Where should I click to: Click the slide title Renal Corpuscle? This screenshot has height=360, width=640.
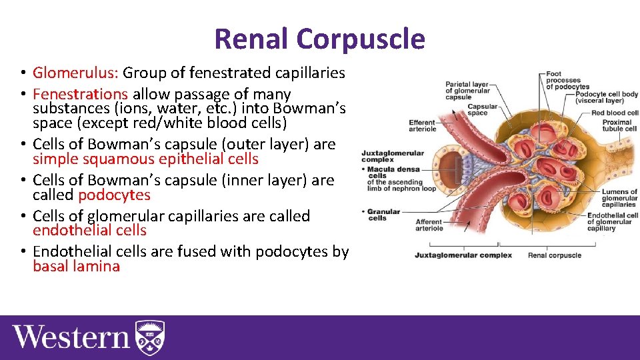pos(319,39)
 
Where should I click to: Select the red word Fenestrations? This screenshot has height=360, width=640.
pos(80,94)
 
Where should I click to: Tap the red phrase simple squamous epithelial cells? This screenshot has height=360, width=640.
pos(145,159)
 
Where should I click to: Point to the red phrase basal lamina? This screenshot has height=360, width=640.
pos(76,267)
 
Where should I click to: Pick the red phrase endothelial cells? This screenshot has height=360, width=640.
pos(89,231)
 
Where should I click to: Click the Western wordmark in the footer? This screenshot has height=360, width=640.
pos(71,337)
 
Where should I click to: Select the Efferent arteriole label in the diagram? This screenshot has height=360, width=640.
pos(422,125)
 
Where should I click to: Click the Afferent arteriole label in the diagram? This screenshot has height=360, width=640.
pos(429,225)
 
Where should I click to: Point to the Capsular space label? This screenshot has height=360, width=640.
pos(482,109)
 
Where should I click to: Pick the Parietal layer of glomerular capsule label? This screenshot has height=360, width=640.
pos(467,90)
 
